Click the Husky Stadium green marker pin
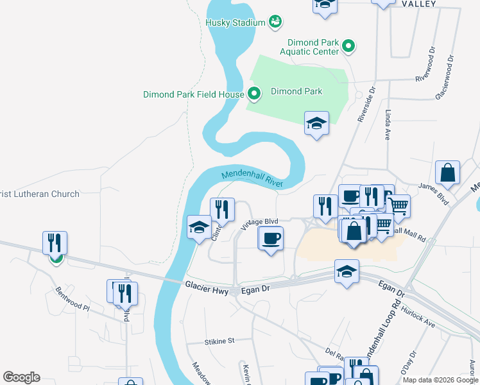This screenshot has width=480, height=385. tap(275, 22)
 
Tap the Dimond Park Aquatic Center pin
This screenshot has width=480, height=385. tap(348, 46)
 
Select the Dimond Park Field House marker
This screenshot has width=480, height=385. tap(253, 94)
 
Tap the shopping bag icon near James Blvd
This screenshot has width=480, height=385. tap(447, 173)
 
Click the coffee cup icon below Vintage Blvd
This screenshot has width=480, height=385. tap(270, 239)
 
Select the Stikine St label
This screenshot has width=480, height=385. tap(220, 341)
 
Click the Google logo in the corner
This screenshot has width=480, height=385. tap(21, 377)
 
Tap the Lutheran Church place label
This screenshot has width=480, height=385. tap(40, 194)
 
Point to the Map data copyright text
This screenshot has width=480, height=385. tap(440, 380)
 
